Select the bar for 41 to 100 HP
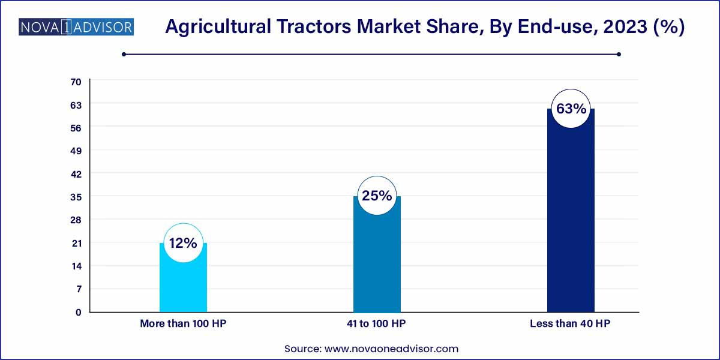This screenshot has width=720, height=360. click(x=377, y=264)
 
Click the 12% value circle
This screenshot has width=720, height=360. click(x=183, y=243)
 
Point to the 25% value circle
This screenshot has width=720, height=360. click(x=377, y=196)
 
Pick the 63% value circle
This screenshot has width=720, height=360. click(x=571, y=109)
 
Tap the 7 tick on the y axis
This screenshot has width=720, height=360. click(x=78, y=289)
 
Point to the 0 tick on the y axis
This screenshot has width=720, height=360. click(x=78, y=312)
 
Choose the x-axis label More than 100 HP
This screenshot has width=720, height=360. click(x=183, y=323)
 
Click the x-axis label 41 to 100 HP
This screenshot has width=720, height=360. click(x=377, y=323)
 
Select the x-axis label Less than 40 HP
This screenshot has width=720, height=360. click(x=571, y=323)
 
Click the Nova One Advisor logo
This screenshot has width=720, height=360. click(x=76, y=27)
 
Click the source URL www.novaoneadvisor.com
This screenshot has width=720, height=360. click(x=391, y=348)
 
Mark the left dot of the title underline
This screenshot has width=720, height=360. click(x=124, y=54)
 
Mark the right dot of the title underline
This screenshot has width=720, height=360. click(x=619, y=54)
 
